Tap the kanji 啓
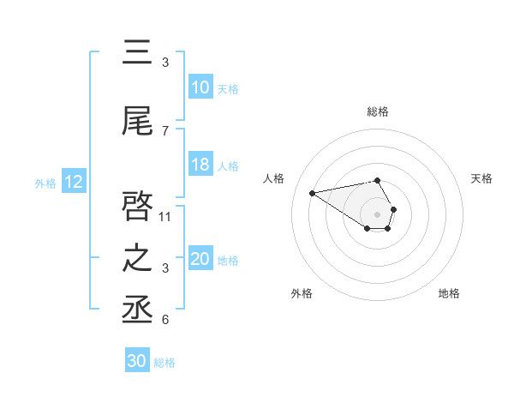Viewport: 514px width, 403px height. (138, 206)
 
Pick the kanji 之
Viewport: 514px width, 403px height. (138, 258)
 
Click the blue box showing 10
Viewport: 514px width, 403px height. (200, 87)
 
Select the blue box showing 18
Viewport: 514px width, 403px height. (200, 165)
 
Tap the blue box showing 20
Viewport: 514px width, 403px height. (200, 259)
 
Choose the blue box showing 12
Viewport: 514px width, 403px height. (74, 182)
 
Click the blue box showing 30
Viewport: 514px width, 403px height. (137, 361)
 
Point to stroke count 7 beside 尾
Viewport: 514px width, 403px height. (165, 130)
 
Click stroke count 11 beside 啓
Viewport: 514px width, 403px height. (165, 216)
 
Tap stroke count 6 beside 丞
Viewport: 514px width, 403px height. (165, 320)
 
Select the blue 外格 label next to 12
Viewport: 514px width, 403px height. (45, 183)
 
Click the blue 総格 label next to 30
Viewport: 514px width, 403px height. (165, 363)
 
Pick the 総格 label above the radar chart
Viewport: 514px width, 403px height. (378, 111)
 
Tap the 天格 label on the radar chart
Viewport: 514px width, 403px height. (482, 178)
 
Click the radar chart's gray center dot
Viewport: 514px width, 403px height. (378, 214)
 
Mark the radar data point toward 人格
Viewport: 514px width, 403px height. (312, 192)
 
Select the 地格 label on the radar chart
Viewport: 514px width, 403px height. (449, 293)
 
